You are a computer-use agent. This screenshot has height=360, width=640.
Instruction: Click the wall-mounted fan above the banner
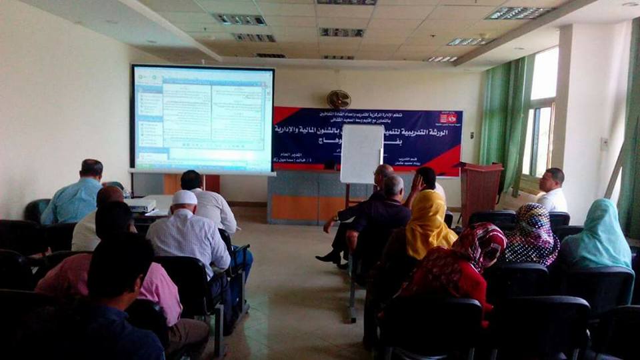pos(339,99)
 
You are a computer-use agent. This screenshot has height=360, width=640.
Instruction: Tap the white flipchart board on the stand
pos(361,153)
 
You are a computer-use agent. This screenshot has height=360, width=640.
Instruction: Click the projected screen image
pos(203,119)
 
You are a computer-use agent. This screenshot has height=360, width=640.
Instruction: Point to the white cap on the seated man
pos(184,197)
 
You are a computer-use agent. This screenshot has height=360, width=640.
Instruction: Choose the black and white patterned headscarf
pos(531,233)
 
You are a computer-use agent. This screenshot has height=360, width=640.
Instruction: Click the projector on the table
pos(141,206)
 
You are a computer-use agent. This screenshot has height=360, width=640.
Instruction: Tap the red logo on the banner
pos(446,118)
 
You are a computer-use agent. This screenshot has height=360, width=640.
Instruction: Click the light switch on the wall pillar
pos(604,143)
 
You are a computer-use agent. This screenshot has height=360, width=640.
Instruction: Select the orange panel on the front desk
pos(294,207)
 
